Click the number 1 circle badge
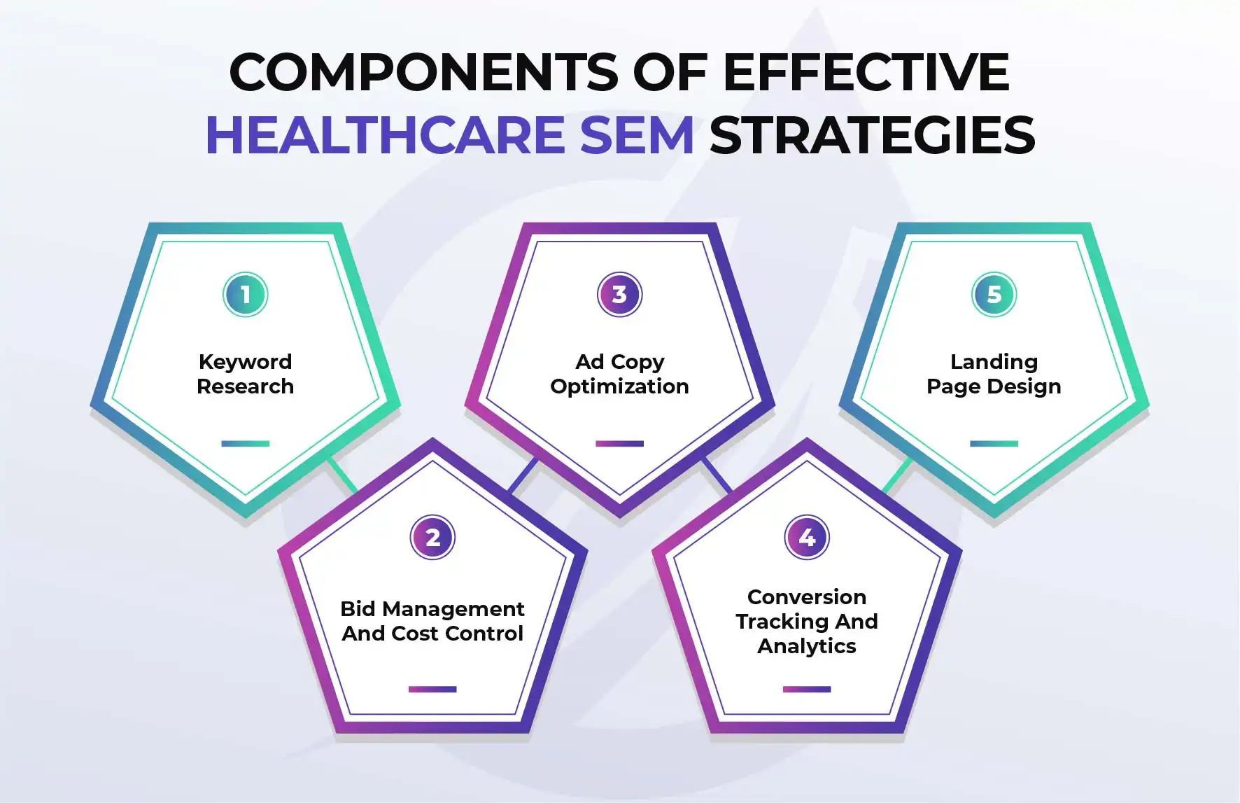pyautogui.click(x=246, y=295)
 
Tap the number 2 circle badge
pyautogui.click(x=432, y=538)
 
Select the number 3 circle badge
pyautogui.click(x=620, y=295)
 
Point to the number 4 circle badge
pyautogui.click(x=807, y=538)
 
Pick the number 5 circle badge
pyautogui.click(x=994, y=295)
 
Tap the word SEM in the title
pyautogui.click(x=637, y=135)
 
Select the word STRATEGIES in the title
pyautogui.click(x=872, y=135)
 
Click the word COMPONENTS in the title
pyautogui.click(x=424, y=71)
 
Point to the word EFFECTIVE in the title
pyautogui.click(x=866, y=71)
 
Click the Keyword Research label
pyautogui.click(x=246, y=374)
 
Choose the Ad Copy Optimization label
pyautogui.click(x=620, y=375)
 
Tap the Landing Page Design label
pyautogui.click(x=994, y=375)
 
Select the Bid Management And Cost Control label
pyautogui.click(x=432, y=621)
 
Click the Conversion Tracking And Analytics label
pyautogui.click(x=807, y=622)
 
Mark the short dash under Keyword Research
pyautogui.click(x=246, y=444)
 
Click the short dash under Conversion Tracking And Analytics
pyautogui.click(x=807, y=690)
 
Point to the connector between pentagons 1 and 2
pyautogui.click(x=342, y=475)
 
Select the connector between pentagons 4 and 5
pyautogui.click(x=898, y=475)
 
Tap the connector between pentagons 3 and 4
pyautogui.click(x=717, y=475)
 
